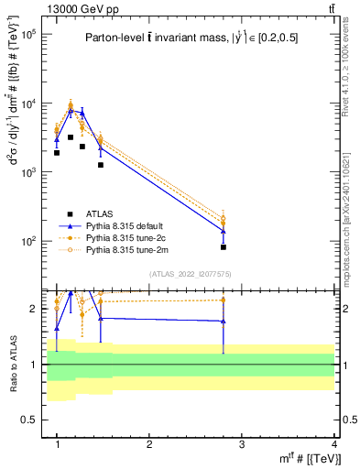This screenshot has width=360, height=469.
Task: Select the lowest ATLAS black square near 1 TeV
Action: pos(57,153)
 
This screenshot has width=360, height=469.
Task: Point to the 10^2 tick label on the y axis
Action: pos(28,241)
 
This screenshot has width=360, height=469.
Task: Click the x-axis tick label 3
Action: pos(241,444)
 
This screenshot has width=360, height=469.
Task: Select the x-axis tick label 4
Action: pos(333,444)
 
